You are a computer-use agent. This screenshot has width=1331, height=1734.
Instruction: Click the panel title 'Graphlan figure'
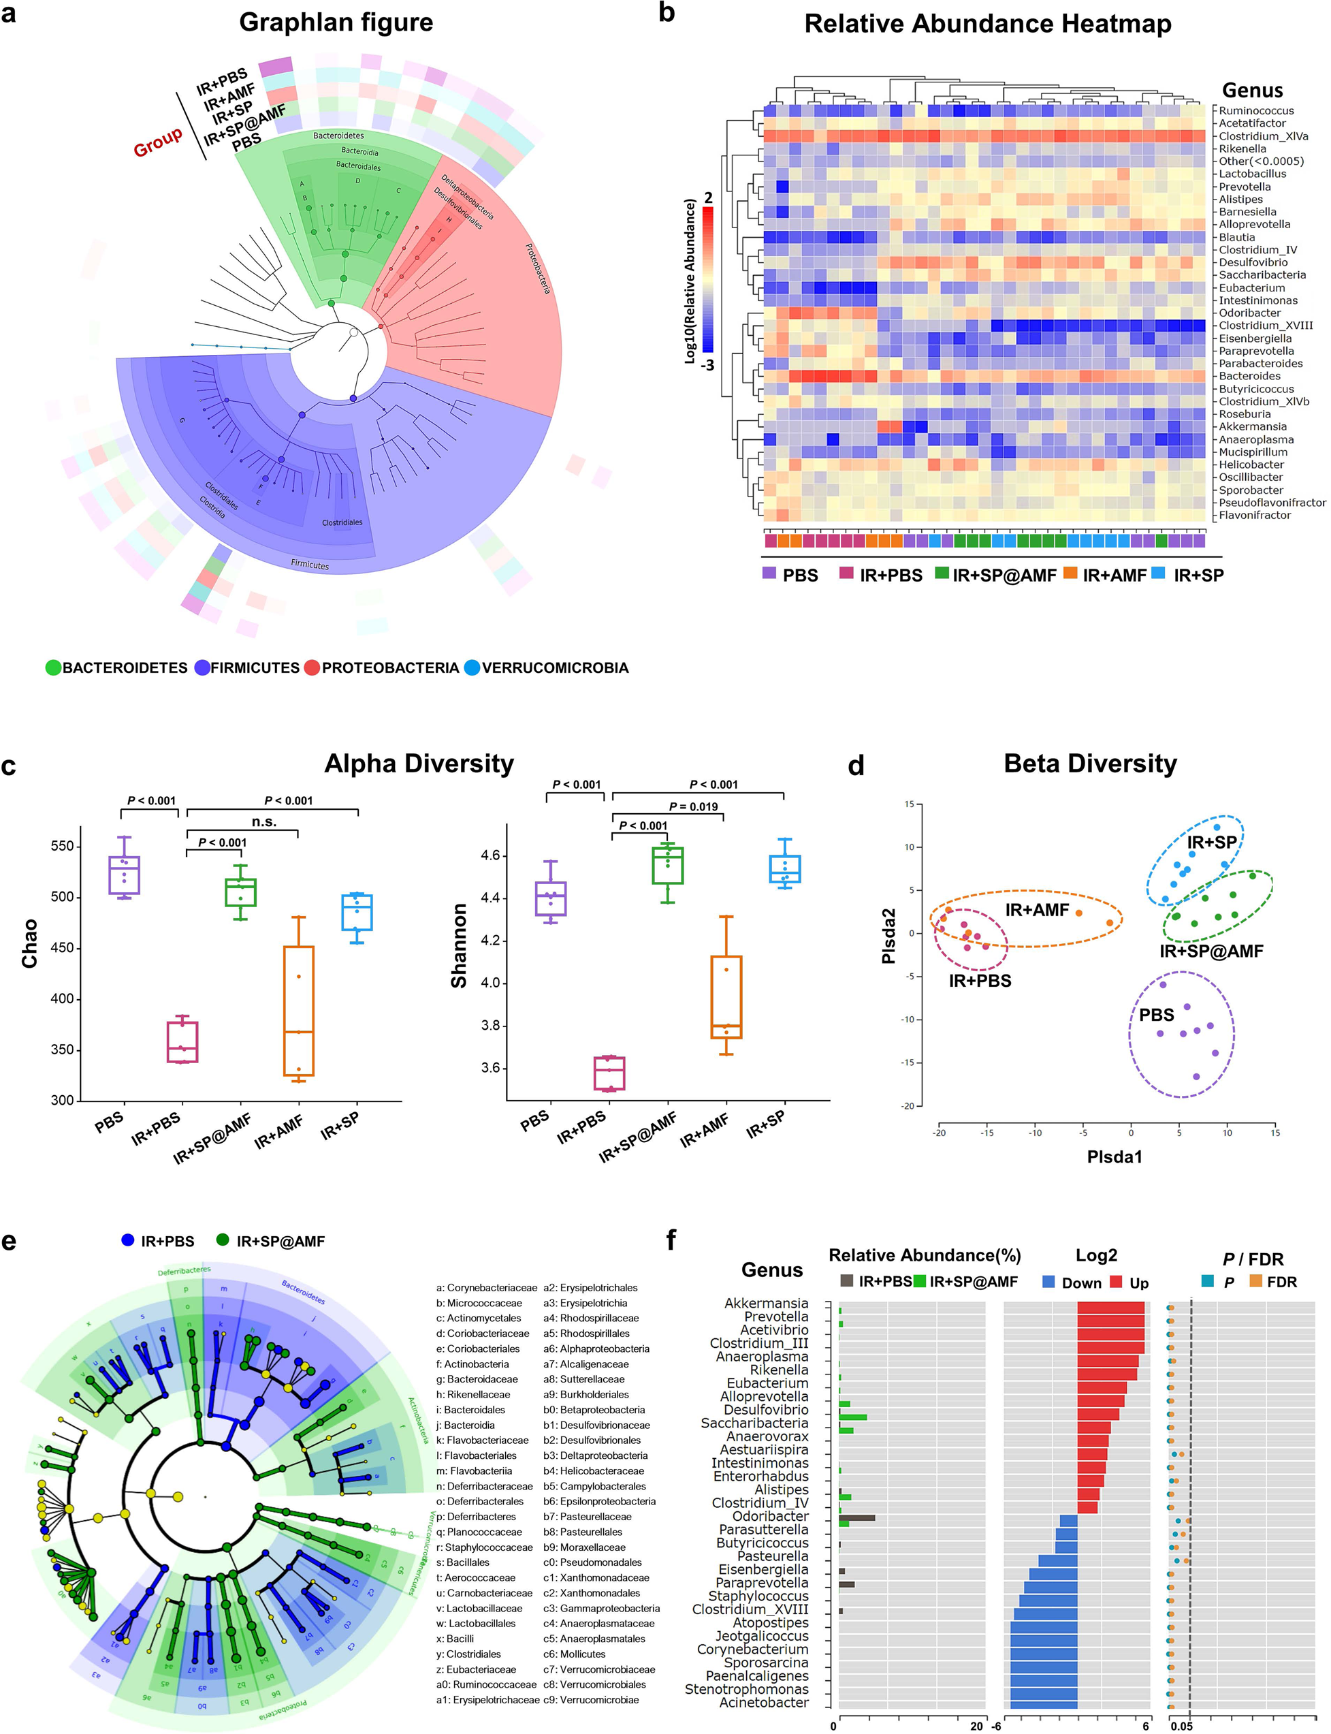(x=336, y=22)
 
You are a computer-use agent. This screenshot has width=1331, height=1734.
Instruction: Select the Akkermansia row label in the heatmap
(x=1252, y=426)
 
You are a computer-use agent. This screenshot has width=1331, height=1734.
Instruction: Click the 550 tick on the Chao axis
(x=61, y=847)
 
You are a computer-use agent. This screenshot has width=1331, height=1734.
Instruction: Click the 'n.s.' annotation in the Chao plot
(x=264, y=822)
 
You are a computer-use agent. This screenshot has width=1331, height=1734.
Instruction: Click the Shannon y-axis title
(x=459, y=946)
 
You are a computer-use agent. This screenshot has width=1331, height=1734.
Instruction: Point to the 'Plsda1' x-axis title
(x=1114, y=1156)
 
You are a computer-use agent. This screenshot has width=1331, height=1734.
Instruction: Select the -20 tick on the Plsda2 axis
(x=909, y=1105)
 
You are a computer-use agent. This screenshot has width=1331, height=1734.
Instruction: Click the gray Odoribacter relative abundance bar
(x=857, y=1517)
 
